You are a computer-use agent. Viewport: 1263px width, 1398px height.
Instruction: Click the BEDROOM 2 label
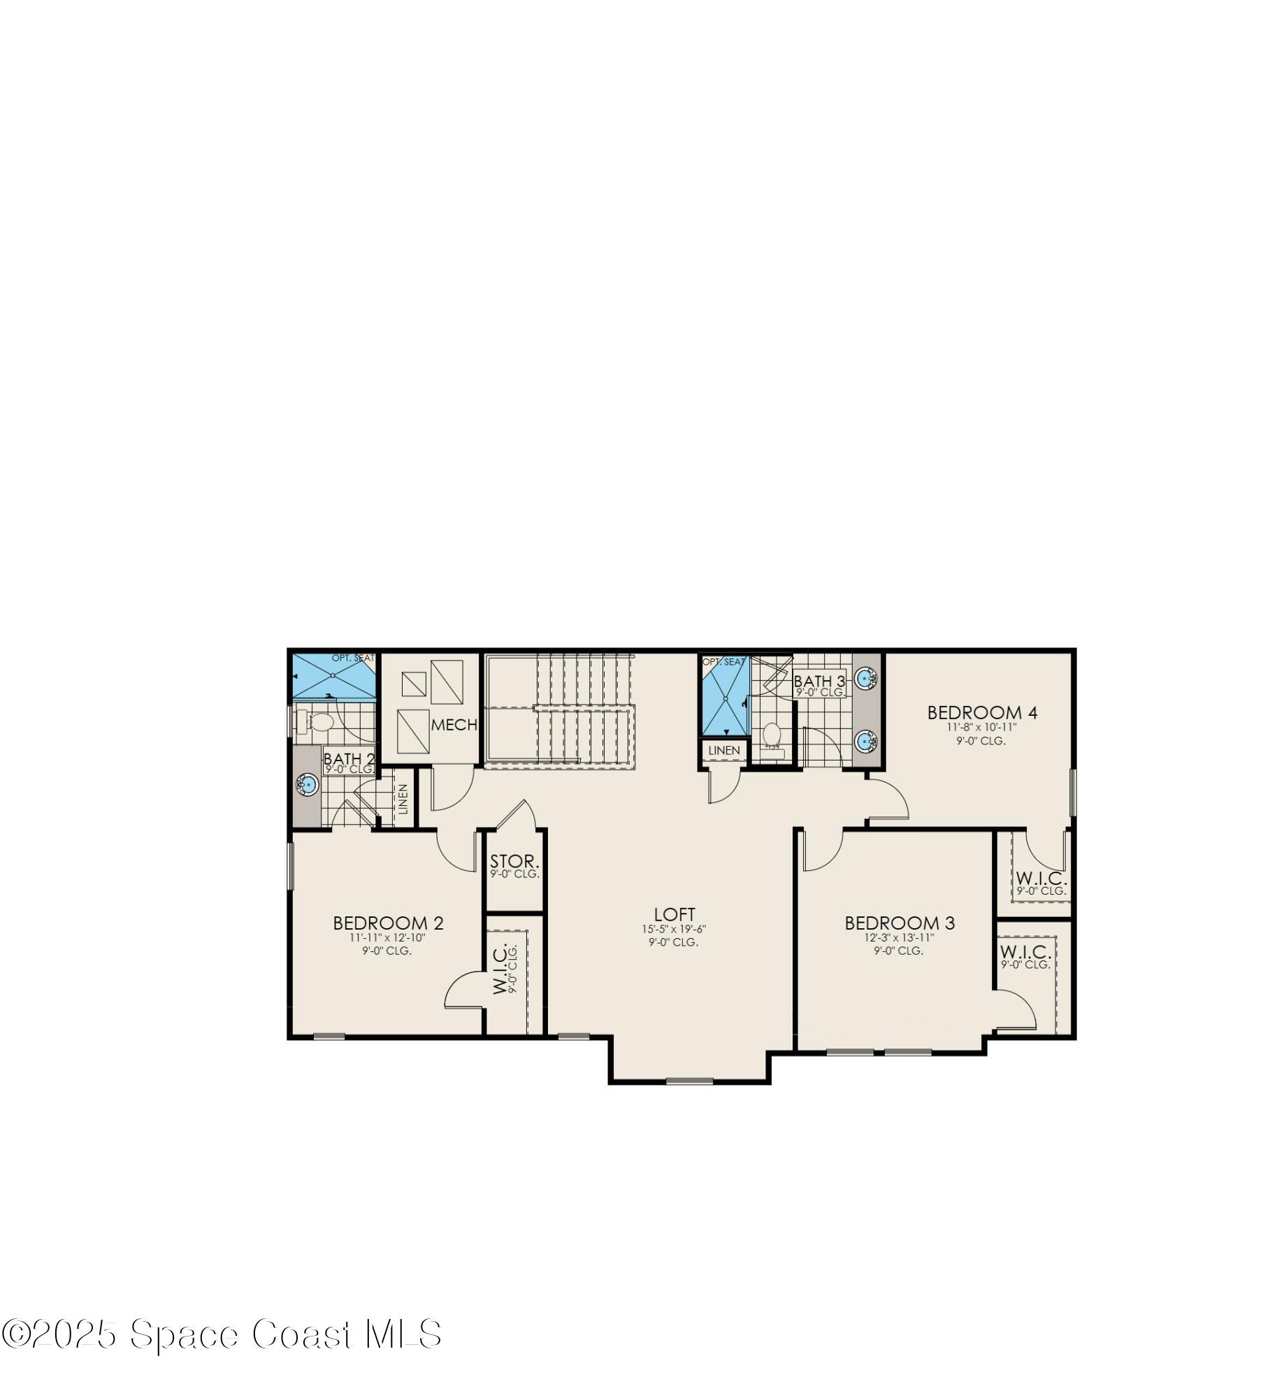(x=388, y=923)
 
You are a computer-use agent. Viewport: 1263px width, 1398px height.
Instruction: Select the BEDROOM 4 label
(x=982, y=713)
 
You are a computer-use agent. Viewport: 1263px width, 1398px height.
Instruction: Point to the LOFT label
(x=674, y=914)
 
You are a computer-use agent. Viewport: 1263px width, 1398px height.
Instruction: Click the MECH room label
(x=454, y=726)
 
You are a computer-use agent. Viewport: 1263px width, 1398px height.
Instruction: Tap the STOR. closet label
(x=514, y=861)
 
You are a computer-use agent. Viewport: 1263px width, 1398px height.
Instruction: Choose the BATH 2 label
(x=349, y=758)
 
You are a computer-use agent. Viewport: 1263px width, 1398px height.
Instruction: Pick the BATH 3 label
(x=819, y=681)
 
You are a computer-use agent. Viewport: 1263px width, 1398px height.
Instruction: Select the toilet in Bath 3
(x=772, y=735)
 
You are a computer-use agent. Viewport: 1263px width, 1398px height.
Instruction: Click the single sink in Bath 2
(x=307, y=785)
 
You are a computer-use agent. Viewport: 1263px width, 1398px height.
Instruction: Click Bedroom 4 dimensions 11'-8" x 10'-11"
(x=981, y=727)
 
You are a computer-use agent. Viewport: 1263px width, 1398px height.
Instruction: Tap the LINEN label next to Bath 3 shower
(x=724, y=751)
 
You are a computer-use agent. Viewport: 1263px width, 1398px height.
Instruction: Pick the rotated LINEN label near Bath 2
(x=403, y=799)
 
